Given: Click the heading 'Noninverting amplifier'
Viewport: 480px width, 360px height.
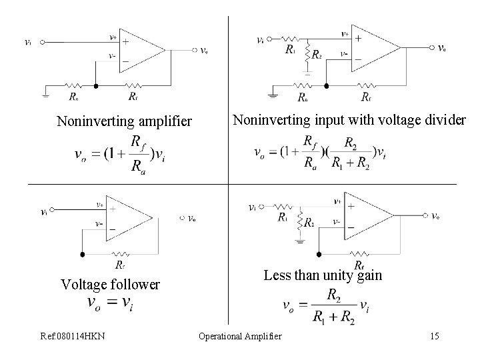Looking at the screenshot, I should pyautogui.click(x=124, y=121).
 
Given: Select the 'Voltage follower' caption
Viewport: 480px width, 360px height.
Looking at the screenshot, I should pyautogui.click(x=110, y=285).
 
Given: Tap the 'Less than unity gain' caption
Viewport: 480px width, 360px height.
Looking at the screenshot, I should pyautogui.click(x=323, y=275).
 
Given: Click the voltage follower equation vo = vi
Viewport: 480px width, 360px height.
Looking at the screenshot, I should pyautogui.click(x=111, y=303).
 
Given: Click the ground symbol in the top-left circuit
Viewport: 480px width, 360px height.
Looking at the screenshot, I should pyautogui.click(x=45, y=95).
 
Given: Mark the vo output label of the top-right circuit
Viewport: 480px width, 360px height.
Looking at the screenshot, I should pyautogui.click(x=441, y=47).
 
